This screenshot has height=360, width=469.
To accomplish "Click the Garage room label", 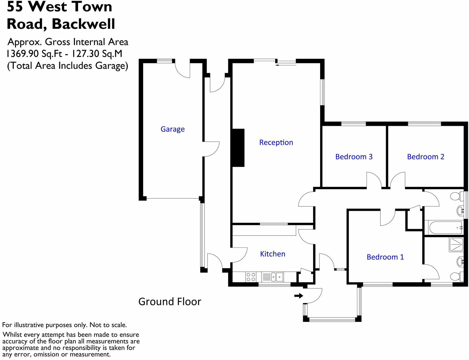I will [173, 129].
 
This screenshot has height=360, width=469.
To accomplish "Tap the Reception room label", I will [276, 142].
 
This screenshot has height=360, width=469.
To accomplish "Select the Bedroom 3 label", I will [354, 157].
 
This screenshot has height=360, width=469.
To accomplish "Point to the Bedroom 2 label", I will [425, 157].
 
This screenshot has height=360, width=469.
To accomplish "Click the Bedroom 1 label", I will [385, 257].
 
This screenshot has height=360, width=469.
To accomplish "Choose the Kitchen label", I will [272, 254].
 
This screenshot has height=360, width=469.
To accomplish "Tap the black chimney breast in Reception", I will [238, 148].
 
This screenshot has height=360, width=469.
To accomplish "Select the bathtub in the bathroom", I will [445, 228].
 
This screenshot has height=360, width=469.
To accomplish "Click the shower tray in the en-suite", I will [456, 245].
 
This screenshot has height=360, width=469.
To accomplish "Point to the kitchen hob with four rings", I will [251, 277].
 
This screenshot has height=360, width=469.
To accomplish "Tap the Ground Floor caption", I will [169, 301].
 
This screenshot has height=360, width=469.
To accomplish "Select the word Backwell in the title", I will [83, 24].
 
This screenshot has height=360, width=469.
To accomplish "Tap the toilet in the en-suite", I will [456, 276].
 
